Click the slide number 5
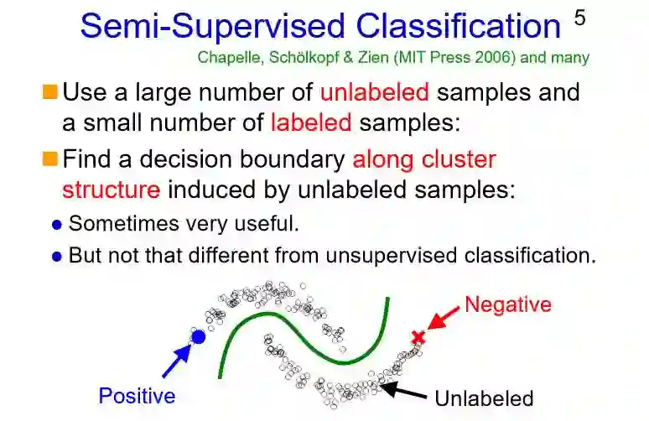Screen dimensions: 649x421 pyautogui.click(x=580, y=18)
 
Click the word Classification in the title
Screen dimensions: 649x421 pyautogui.click(x=458, y=27)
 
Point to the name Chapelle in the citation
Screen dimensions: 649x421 pyautogui.click(x=226, y=58)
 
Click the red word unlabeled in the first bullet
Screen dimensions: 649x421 pyautogui.click(x=374, y=91)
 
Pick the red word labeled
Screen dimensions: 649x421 pyautogui.click(x=310, y=122)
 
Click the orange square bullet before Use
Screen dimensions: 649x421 pyautogui.click(x=50, y=91)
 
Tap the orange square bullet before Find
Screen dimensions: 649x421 pyautogui.click(x=50, y=158)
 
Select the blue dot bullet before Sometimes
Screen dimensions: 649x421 pyautogui.click(x=57, y=226)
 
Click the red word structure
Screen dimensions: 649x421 pyautogui.click(x=111, y=189)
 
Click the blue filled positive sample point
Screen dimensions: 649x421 pyautogui.click(x=198, y=337)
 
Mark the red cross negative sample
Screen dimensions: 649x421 pyautogui.click(x=418, y=337)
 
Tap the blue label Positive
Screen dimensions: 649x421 pyautogui.click(x=137, y=396)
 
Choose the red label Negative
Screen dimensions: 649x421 pyautogui.click(x=508, y=304)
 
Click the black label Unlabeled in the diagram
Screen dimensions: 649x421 pyautogui.click(x=483, y=398)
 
